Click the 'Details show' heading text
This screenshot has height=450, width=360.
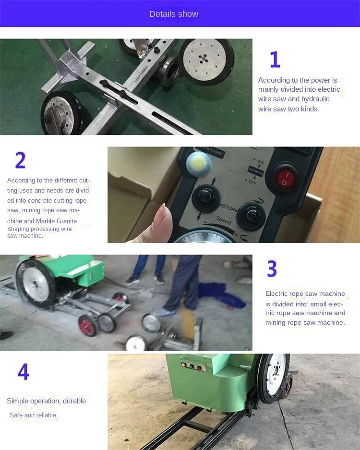point(174,14)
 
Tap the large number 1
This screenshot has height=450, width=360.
point(275,60)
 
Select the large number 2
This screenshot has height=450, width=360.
point(20,160)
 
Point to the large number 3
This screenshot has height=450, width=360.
point(272,268)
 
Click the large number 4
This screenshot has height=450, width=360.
point(23,371)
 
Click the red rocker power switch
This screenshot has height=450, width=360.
point(285,178)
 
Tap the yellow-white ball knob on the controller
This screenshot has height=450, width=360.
point(199,164)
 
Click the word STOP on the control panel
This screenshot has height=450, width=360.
point(228,207)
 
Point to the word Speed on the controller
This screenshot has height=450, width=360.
point(224,220)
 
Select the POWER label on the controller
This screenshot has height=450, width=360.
point(255,171)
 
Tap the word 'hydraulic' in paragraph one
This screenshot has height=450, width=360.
point(315,99)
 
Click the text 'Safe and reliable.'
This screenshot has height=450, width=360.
point(34,415)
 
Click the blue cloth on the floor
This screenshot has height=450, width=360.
point(221,294)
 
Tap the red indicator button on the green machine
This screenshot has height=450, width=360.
point(199,368)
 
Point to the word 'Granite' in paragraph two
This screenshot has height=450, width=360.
point(67,221)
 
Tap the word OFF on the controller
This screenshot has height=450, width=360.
point(252,182)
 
